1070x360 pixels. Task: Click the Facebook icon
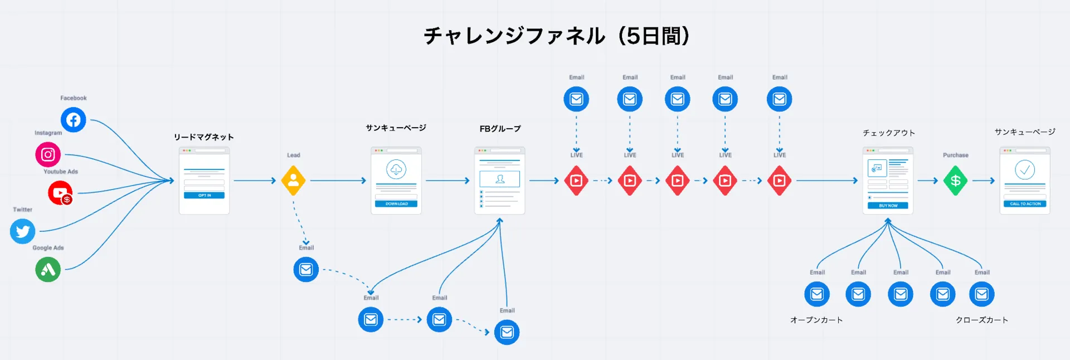click(x=73, y=120)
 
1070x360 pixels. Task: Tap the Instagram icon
click(x=48, y=154)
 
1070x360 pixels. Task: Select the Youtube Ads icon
click(x=60, y=193)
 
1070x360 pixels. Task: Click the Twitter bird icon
click(x=23, y=231)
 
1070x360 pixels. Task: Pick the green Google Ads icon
click(x=48, y=270)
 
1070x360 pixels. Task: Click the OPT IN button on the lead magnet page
click(x=204, y=196)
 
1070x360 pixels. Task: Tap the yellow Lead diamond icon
click(x=293, y=181)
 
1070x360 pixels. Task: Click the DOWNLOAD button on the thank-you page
click(x=396, y=204)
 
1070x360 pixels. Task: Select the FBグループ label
click(x=500, y=129)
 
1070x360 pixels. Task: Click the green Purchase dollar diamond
click(x=955, y=181)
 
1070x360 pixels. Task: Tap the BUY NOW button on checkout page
click(x=888, y=206)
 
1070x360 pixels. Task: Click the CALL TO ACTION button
click(x=1025, y=204)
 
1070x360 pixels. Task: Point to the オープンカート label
click(x=816, y=320)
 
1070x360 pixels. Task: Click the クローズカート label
click(x=981, y=320)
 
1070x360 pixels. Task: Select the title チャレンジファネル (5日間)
click(x=556, y=36)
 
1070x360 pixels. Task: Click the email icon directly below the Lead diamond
click(x=306, y=270)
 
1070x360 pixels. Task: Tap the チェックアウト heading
click(x=888, y=133)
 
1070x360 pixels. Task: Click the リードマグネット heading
click(x=203, y=137)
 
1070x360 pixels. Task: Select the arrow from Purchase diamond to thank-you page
click(x=984, y=181)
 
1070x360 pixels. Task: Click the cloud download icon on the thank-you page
click(x=396, y=169)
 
